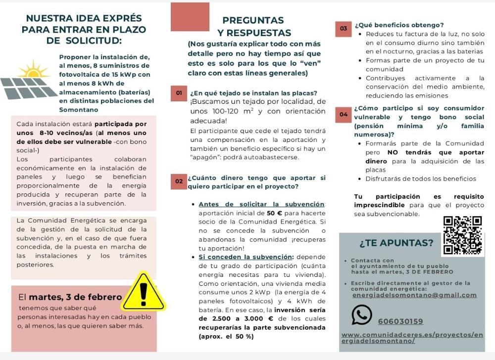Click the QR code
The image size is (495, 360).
point(462,235)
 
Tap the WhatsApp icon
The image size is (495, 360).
point(361,315)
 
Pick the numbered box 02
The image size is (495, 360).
point(178,181)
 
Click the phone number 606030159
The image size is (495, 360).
point(400,321)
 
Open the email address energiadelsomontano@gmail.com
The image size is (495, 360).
point(414,295)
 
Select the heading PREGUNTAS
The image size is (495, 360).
point(253,20)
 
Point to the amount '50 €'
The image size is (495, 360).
point(274,213)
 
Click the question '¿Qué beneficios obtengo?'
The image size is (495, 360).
point(399,25)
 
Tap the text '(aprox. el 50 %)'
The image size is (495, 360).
point(226,336)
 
